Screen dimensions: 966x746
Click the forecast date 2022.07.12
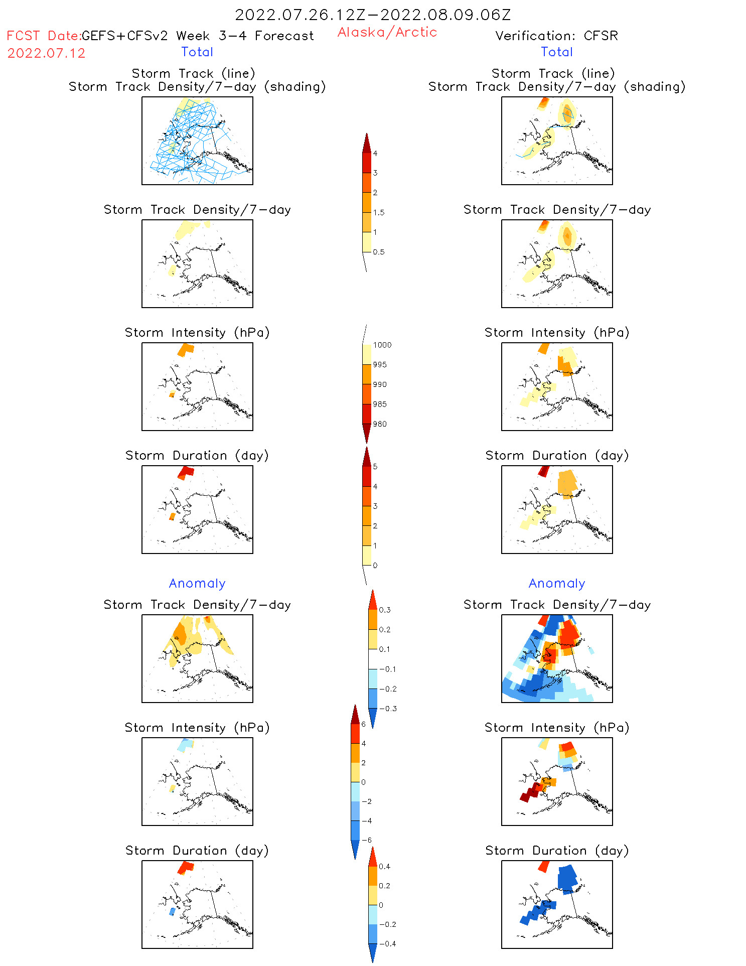[46, 53]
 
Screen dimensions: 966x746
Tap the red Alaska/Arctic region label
[387, 32]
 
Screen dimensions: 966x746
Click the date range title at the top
[373, 15]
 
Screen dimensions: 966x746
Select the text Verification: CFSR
[556, 36]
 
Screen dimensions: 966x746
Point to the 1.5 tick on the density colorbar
[378, 212]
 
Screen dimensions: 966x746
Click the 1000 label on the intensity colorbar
[382, 345]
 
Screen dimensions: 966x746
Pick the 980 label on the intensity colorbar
[379, 424]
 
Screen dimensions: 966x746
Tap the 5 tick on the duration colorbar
[375, 467]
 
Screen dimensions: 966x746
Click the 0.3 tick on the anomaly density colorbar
[384, 610]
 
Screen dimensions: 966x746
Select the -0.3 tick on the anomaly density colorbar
[387, 709]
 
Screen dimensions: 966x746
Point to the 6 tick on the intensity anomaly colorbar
[363, 724]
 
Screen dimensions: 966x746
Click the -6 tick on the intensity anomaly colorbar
[367, 840]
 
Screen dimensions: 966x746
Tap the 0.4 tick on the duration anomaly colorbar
[384, 866]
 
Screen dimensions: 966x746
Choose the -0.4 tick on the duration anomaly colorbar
[387, 943]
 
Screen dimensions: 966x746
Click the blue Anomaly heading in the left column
[197, 583]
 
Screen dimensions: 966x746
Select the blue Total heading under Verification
[556, 52]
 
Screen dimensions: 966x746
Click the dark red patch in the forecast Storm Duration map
[186, 472]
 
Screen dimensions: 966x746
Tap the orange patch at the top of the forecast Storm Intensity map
[186, 349]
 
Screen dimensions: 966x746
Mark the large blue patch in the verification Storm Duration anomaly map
[567, 878]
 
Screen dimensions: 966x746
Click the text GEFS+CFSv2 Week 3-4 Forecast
[197, 36]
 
